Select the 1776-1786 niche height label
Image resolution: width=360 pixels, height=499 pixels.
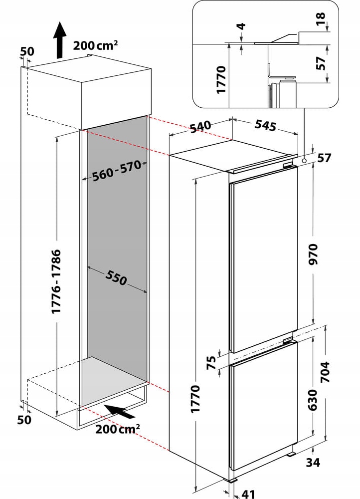pyautogui.click(x=56, y=281)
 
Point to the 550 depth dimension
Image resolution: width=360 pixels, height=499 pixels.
pyautogui.click(x=116, y=278)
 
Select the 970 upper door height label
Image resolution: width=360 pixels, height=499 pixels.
pyautogui.click(x=313, y=255)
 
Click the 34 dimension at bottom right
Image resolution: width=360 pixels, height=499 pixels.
pyautogui.click(x=313, y=463)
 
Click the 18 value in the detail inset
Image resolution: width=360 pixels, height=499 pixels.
pyautogui.click(x=320, y=19)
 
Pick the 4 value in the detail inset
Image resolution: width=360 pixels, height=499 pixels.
pyautogui.click(x=241, y=26)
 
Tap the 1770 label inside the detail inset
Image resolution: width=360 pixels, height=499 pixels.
pyautogui.click(x=222, y=79)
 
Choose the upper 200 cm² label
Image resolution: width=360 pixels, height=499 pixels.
pyautogui.click(x=96, y=45)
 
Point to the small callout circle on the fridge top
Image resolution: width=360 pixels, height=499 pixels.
pyautogui.click(x=304, y=161)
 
